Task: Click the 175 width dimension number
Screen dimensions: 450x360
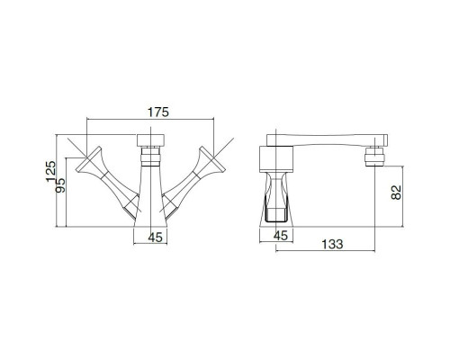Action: (x=158, y=112)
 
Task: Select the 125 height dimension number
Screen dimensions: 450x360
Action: (x=51, y=171)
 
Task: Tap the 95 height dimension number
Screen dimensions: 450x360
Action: (x=60, y=185)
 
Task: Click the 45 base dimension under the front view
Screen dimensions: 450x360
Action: (x=156, y=238)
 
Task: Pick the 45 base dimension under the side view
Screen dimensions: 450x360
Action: (x=281, y=236)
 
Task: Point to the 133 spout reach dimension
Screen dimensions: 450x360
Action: (x=332, y=244)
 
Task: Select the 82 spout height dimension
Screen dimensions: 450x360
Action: (x=397, y=192)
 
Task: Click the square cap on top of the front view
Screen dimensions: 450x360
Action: (x=150, y=140)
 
